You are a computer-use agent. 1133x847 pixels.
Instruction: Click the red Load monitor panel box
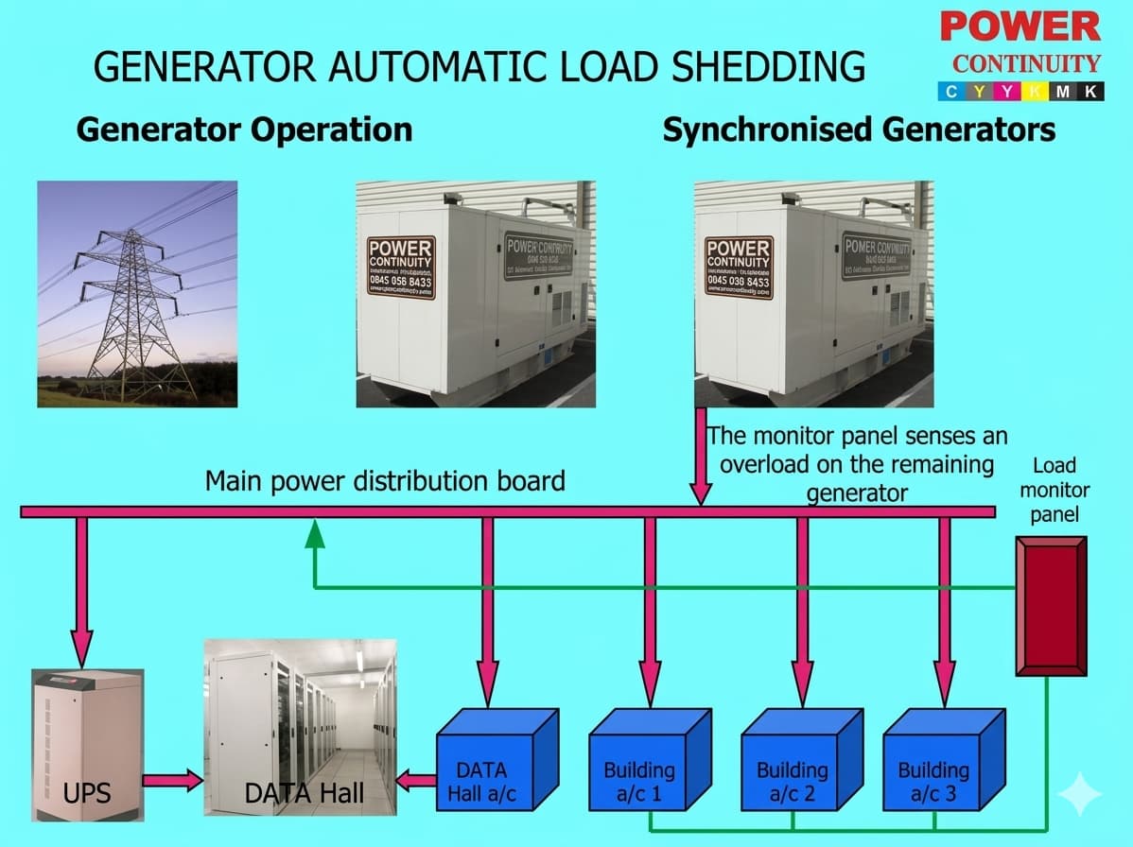pos(1050,607)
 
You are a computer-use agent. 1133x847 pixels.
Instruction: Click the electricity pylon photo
pos(137,294)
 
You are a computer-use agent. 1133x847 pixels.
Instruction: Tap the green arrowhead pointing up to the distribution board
pos(315,534)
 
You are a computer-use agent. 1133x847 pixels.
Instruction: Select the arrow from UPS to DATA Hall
pos(173,780)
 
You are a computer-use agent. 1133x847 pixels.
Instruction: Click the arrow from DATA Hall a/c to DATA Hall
pos(414,780)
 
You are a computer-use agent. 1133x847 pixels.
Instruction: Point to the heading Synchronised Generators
pos(859,130)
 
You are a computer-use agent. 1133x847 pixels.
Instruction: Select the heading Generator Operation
pos(244,130)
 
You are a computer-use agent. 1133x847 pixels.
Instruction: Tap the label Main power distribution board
pos(385,480)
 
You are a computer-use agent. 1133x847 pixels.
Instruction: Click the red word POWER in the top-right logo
pos(1020,26)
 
